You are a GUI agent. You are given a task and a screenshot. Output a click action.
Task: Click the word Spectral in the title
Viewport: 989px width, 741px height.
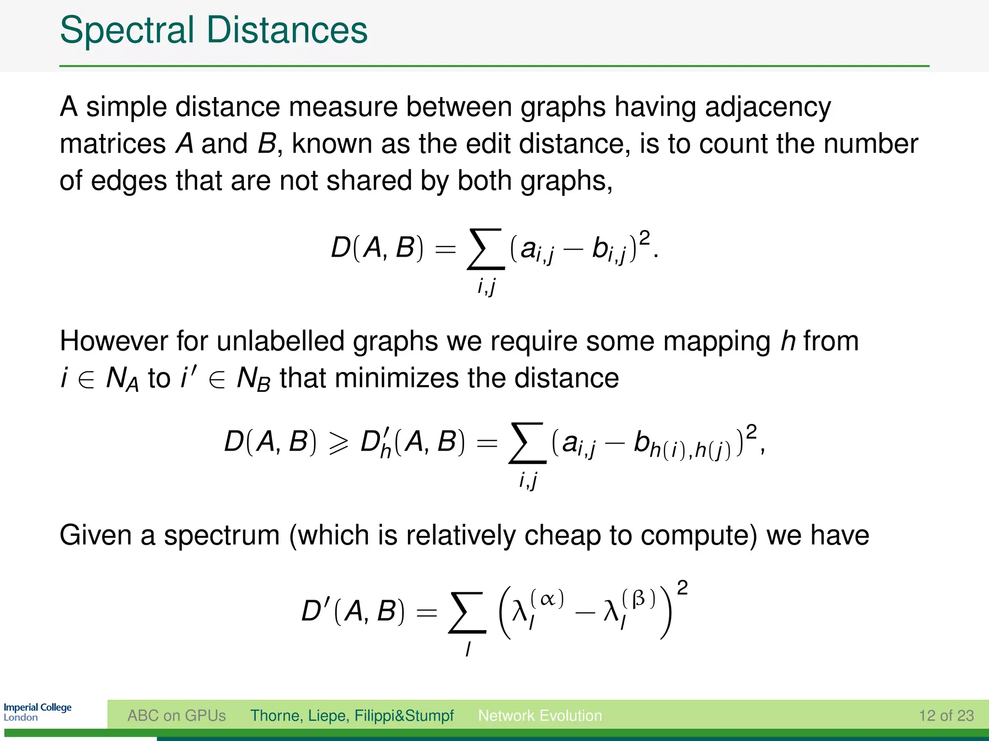[127, 30]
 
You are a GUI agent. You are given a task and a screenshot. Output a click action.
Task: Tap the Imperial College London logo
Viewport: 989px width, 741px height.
[38, 712]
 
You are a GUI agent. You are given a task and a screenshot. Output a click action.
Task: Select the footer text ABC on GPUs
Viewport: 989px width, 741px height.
[176, 715]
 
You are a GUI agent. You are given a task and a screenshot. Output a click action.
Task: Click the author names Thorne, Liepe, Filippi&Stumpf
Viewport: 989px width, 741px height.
[352, 715]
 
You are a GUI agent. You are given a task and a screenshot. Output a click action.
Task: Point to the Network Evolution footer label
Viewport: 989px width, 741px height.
[540, 715]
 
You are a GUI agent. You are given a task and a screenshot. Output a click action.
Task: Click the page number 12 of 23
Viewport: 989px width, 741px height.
[946, 715]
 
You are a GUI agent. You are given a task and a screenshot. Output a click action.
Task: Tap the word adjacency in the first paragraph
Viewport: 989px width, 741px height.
[768, 107]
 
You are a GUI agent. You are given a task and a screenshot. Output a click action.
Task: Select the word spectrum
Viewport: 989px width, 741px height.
[222, 535]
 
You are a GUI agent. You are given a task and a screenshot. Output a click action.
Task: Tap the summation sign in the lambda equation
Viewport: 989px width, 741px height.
[467, 612]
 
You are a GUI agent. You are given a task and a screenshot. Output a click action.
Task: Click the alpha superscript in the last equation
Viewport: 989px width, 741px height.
[547, 600]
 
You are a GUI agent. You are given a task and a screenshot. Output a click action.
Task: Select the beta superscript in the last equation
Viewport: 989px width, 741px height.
[638, 599]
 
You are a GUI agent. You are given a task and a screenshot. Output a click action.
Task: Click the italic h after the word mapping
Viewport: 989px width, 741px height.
[788, 341]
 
